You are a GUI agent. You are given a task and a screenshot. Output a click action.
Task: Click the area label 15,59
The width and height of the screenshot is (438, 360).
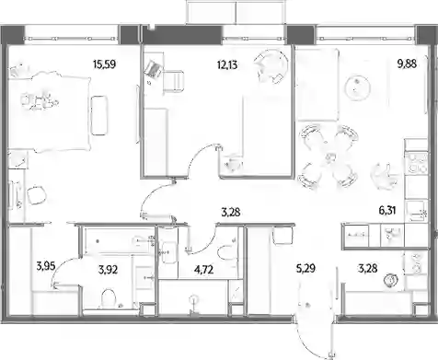click(104, 64)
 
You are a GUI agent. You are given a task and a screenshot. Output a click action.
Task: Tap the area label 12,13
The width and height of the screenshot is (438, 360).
click(227, 64)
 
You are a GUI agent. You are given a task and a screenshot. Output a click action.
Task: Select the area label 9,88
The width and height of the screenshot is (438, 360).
click(407, 64)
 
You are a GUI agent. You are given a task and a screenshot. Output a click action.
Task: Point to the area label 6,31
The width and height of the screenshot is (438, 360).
click(387, 211)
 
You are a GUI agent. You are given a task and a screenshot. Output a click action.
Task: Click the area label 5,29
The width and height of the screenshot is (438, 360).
click(305, 269)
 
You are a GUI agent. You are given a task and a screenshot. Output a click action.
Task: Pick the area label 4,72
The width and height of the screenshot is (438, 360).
click(204, 270)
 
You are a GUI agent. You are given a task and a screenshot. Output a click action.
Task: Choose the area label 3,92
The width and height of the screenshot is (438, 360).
click(108, 270)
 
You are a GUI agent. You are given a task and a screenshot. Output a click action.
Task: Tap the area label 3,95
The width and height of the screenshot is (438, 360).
click(46, 266)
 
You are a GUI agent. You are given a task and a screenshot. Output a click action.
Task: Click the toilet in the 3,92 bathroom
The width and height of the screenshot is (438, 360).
click(109, 297)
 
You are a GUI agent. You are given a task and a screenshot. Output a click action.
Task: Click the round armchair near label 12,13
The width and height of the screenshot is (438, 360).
click(271, 66)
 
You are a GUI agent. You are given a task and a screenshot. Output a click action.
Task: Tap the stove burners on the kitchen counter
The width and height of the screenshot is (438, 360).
click(416, 163)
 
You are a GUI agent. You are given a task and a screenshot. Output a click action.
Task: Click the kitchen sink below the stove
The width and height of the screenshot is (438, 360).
click(416, 211)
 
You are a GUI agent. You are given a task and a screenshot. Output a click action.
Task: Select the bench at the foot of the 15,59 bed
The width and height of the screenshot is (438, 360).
click(99, 115)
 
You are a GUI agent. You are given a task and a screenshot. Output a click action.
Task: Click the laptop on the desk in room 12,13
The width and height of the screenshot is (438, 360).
click(153, 69)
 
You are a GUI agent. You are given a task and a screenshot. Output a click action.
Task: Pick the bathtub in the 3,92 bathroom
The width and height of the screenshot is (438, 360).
click(119, 241)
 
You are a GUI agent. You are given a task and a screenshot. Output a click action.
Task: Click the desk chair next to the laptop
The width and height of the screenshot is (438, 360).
click(173, 81)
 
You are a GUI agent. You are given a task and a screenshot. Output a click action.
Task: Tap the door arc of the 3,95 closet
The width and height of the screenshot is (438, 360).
click(63, 269)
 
